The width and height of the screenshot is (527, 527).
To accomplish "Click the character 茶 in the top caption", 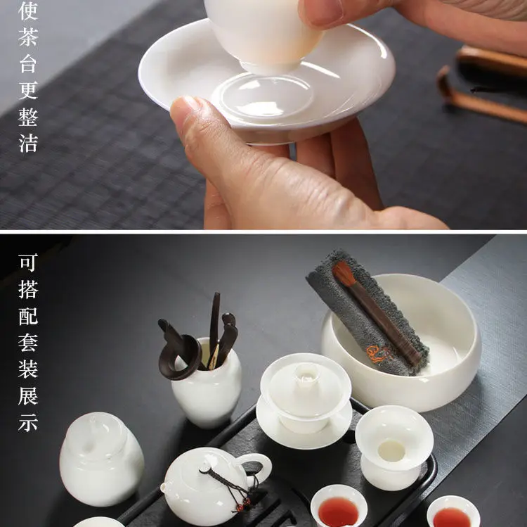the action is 28,37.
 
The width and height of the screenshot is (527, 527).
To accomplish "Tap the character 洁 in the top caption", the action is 28,143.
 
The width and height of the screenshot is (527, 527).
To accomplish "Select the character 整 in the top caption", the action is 28,117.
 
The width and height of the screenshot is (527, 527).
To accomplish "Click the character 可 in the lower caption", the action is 28,263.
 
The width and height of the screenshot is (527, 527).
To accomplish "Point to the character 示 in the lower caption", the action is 28,422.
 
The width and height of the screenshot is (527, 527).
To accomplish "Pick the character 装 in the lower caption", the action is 28,369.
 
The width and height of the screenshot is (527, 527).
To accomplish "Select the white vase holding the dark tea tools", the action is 207,383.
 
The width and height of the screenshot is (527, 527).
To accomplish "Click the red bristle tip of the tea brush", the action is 342,273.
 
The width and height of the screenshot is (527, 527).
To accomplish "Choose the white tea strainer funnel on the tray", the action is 394,447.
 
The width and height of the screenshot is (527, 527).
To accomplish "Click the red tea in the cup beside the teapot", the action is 339,511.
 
